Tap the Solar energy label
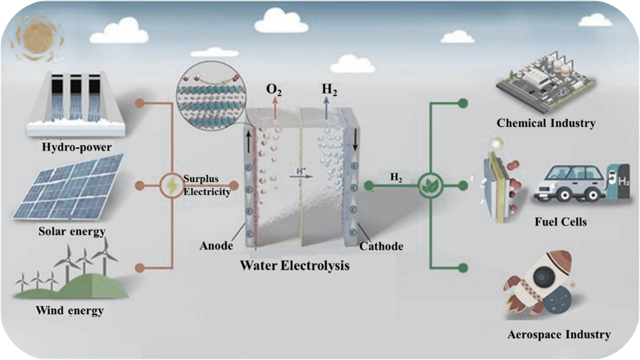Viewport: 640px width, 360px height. tap(71, 232)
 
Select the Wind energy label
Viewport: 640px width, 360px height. tap(69, 310)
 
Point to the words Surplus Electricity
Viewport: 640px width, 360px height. tap(207, 186)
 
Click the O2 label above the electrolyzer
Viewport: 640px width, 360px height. tap(273, 90)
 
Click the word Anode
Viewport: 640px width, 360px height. tap(216, 246)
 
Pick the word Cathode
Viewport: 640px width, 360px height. tap(381, 246)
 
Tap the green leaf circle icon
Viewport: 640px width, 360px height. tap(429, 185)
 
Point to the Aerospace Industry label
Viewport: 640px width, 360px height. tap(558, 334)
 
